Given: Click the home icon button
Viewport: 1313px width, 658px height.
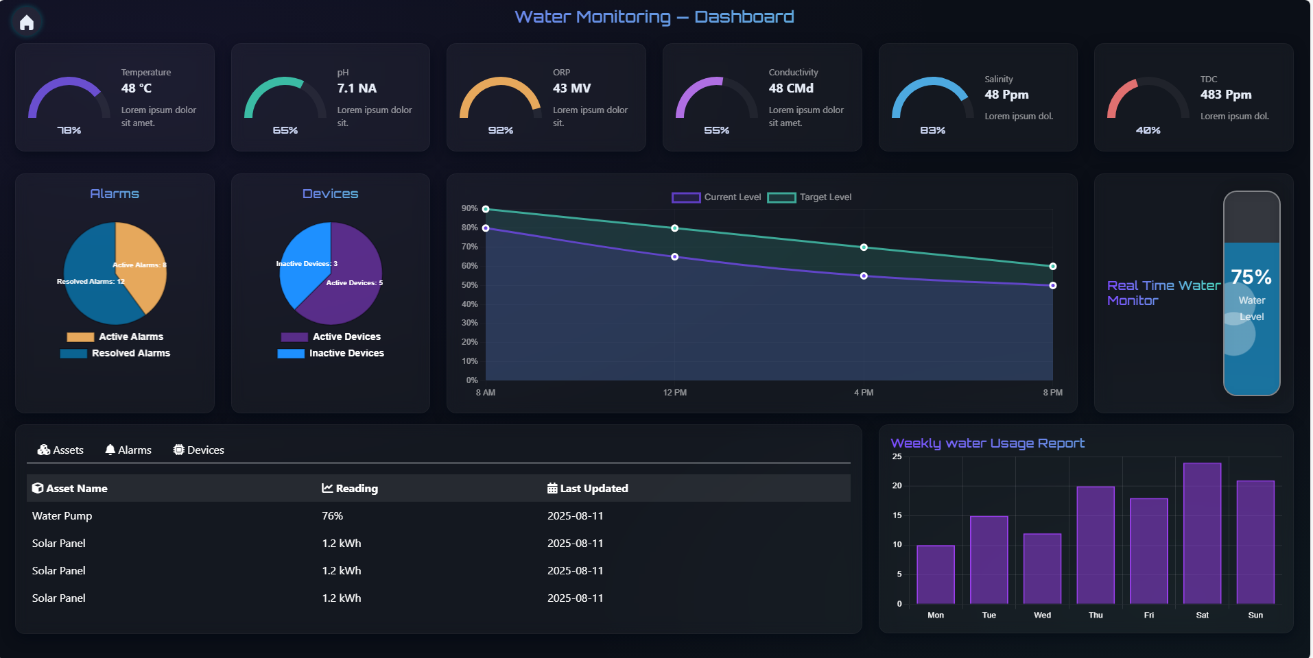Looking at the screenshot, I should click(27, 23).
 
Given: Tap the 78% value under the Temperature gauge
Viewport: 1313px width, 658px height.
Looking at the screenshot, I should click(69, 130).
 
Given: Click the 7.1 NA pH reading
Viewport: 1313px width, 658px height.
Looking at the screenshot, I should click(357, 88).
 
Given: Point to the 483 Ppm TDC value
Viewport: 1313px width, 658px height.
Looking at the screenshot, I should click(1226, 95).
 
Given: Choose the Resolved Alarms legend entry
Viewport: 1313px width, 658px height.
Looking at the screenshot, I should click(115, 354).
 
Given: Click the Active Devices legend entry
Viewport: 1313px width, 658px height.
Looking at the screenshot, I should click(331, 337).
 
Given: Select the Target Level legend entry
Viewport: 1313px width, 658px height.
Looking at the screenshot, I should click(809, 197).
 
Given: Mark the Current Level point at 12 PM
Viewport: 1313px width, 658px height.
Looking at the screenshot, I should click(675, 257).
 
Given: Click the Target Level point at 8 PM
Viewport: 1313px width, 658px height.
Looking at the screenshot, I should click(1052, 267).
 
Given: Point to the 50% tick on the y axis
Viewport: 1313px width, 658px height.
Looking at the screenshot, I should click(470, 285).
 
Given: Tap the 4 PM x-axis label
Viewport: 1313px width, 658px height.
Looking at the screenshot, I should click(864, 393).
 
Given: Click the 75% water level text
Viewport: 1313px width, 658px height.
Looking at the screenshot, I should click(1251, 277).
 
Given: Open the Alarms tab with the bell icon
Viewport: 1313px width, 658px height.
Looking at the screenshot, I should click(128, 450).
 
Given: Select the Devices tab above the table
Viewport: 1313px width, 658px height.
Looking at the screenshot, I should click(199, 450).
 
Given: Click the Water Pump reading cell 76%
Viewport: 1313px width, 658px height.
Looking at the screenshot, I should click(333, 516).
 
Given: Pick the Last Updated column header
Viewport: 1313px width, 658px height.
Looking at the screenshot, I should click(588, 489).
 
